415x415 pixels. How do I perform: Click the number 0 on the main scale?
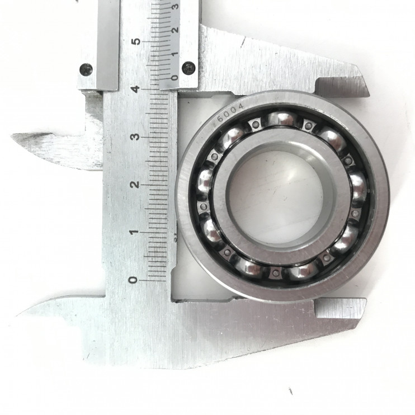point(134,280)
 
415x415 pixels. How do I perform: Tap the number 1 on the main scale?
point(134,232)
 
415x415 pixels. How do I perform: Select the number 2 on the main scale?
point(135,185)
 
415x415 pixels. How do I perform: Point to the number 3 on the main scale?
point(136,137)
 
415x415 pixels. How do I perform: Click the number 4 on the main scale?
point(136,89)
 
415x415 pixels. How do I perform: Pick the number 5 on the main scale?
point(136,41)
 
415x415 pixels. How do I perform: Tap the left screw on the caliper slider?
point(86,69)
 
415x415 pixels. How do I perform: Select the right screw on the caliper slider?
point(189,67)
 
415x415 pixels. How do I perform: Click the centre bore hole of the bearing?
point(275,196)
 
